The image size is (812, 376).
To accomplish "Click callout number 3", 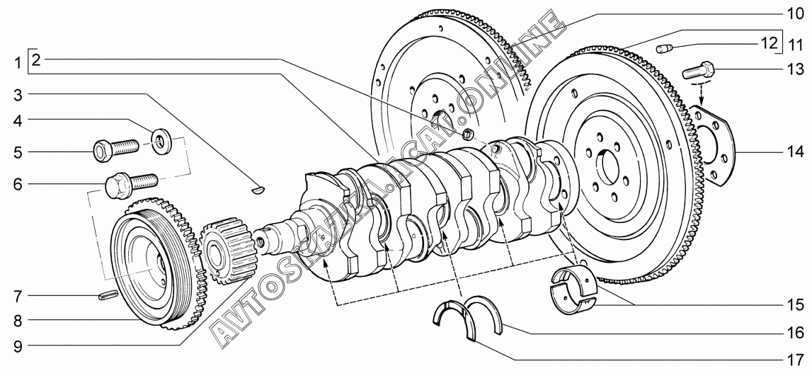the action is coord(18,95).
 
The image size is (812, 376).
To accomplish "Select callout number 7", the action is coord(18,297).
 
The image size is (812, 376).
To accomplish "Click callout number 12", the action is coord(769,42).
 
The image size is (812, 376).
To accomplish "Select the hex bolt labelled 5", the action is coord(115,149).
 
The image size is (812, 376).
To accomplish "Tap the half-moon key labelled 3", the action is coord(258,190).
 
